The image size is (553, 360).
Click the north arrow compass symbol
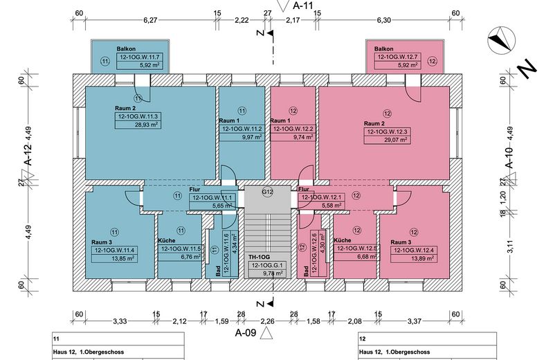[x=501, y=40]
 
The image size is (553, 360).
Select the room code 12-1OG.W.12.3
[x=387, y=132]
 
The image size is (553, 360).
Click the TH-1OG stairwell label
[x=259, y=258]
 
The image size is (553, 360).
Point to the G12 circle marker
[x=268, y=192]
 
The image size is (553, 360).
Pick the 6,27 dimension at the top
[x=150, y=20]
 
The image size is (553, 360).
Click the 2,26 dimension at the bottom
[x=267, y=321]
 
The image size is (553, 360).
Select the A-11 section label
[x=303, y=6]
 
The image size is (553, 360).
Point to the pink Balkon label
[x=383, y=48]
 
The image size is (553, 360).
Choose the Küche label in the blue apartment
[x=167, y=240]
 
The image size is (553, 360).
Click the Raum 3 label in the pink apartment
[x=401, y=242]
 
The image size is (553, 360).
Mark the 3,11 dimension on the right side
[x=510, y=246]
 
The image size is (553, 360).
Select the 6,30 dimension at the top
[x=383, y=20]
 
